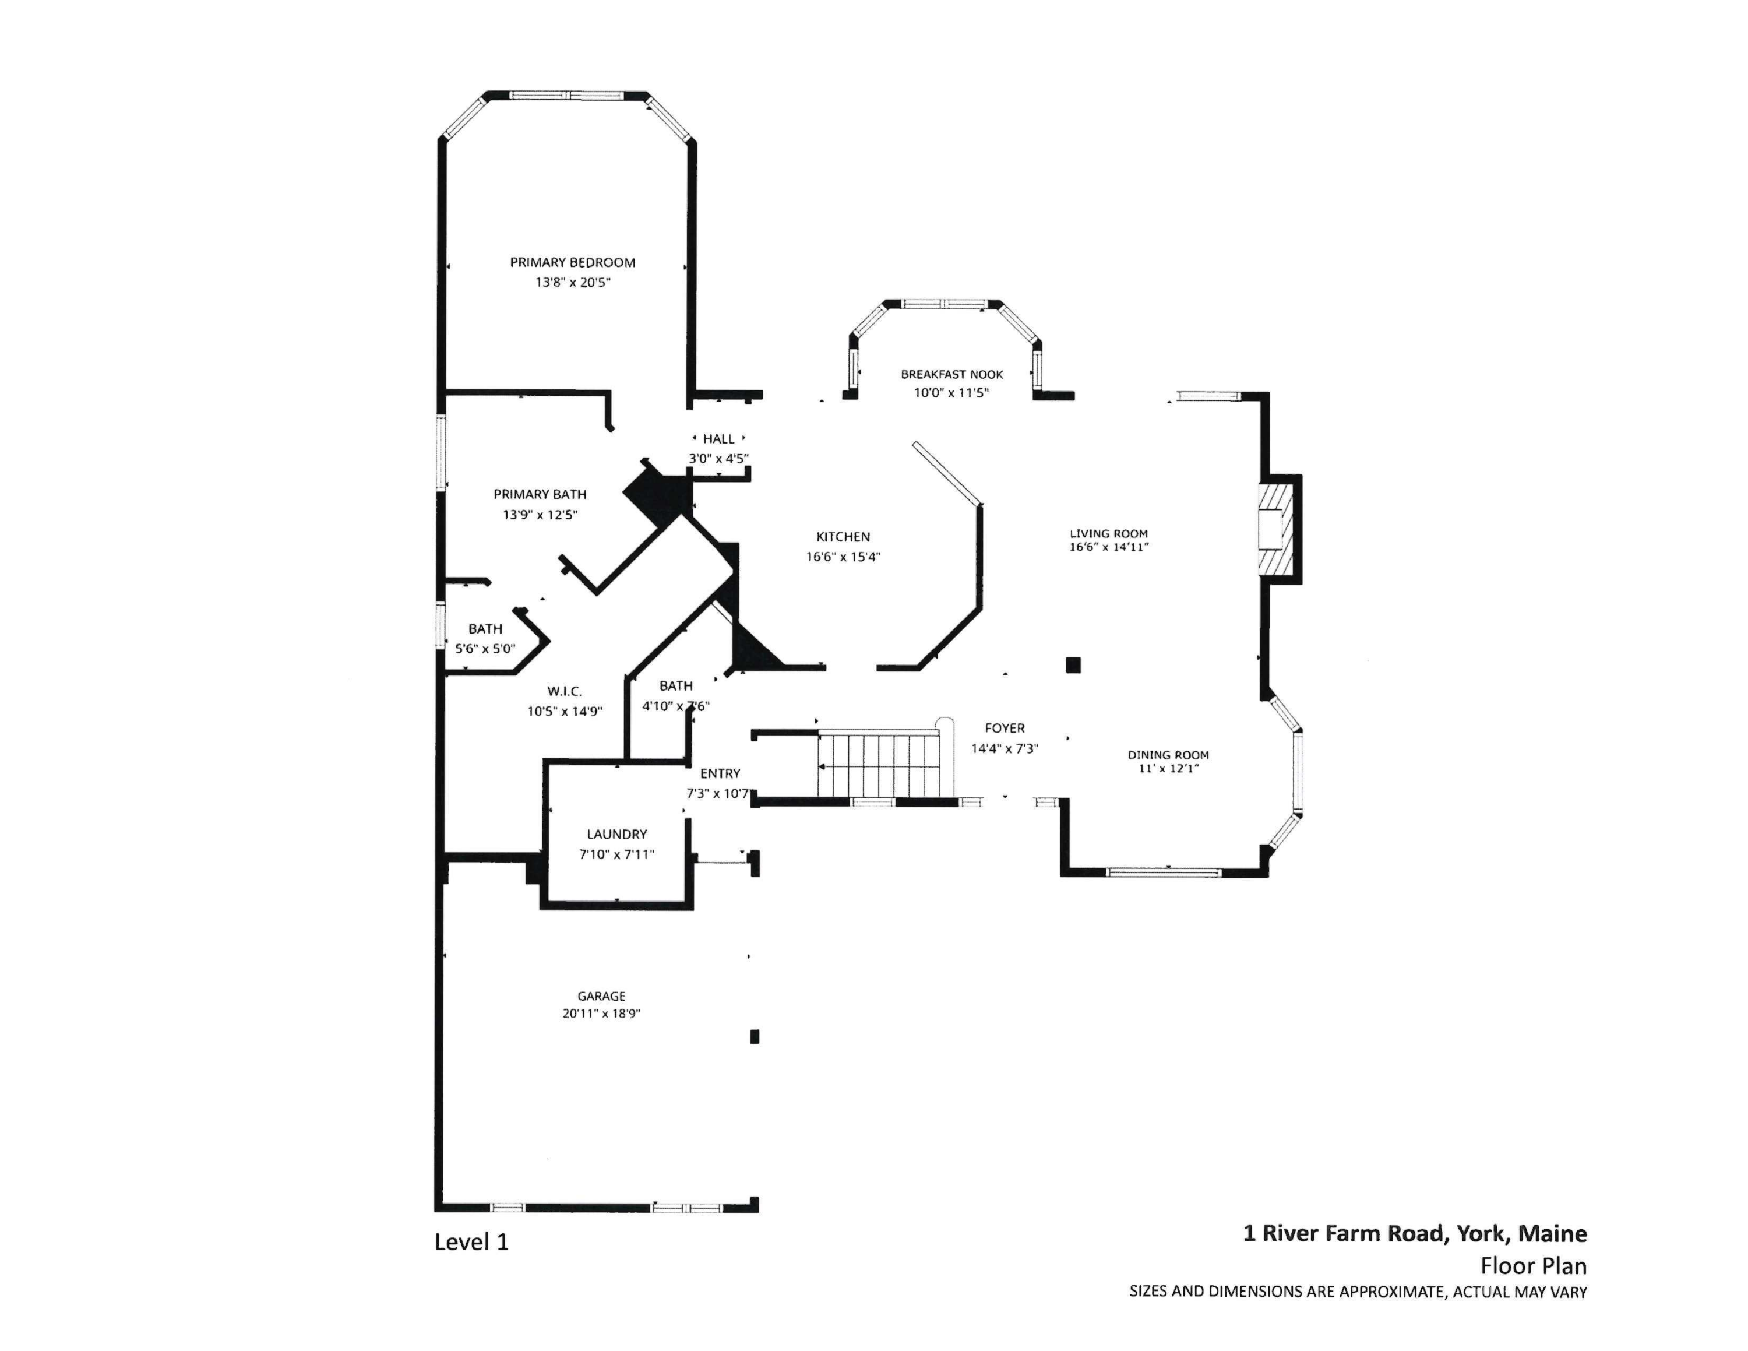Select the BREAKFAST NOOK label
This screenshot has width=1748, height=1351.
pos(951,375)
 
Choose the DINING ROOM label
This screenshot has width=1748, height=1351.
pos(1168,755)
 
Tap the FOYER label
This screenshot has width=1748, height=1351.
pos(1005,729)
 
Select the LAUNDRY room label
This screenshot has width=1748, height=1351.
pos(616,834)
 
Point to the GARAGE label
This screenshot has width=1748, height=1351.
pos(601,997)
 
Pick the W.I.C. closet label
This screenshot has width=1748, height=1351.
pos(564,691)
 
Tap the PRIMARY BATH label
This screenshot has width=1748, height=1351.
pos(540,495)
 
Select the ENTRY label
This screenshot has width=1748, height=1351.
pos(720,773)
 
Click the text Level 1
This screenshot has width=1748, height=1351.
pos(471,1241)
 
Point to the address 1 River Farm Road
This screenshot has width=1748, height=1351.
pos(1345,1233)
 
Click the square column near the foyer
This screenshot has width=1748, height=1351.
pos(1073,664)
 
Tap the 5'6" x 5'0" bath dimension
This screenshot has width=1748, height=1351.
pos(485,649)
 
